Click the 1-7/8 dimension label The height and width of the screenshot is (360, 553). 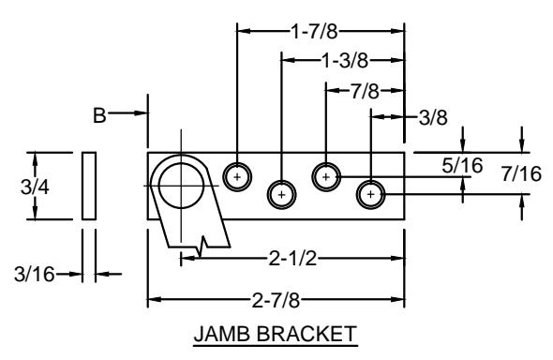[314, 32]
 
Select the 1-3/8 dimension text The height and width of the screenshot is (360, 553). [345, 61]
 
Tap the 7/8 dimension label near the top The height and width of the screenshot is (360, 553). [365, 91]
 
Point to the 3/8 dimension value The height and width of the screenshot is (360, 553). [433, 117]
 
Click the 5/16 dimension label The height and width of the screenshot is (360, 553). [462, 165]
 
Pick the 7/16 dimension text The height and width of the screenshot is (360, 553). [521, 173]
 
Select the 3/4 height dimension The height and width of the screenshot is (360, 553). [35, 187]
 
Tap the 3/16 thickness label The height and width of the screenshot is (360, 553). [34, 274]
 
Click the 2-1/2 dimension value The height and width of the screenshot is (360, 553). [292, 259]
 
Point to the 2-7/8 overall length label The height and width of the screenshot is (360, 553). [276, 301]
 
